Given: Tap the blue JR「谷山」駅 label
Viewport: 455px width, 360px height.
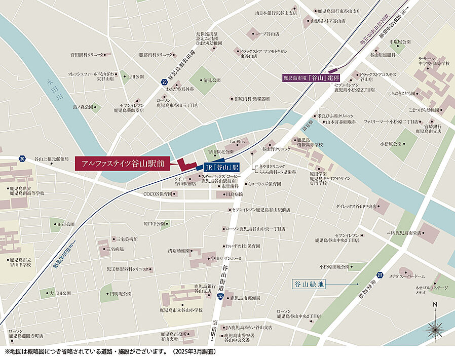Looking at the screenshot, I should (x=221, y=167).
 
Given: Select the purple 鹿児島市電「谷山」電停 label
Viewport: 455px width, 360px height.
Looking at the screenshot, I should (x=311, y=78).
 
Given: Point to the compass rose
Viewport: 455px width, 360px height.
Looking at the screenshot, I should (x=434, y=330).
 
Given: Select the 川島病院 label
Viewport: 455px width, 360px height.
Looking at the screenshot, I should (x=232, y=194).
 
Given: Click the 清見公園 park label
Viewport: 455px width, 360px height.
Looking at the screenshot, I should (x=211, y=80).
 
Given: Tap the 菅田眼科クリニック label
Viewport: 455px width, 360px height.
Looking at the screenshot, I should (x=87, y=54).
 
